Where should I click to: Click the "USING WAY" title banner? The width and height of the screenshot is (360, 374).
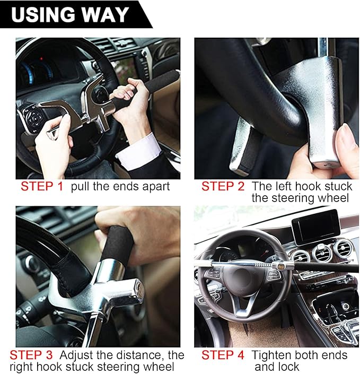69,14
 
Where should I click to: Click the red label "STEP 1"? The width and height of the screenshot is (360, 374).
42,186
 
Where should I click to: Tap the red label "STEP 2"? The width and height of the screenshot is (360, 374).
223,186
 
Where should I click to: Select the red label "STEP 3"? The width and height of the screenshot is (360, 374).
33,355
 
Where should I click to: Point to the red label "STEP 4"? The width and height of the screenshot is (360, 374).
223,355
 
